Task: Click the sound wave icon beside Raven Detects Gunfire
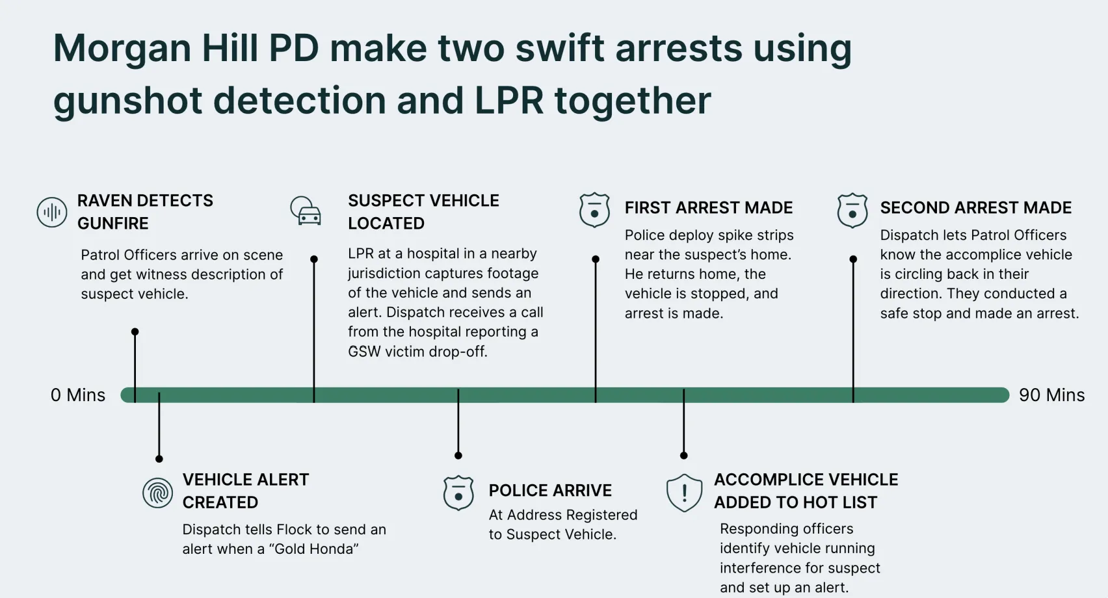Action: coord(52,212)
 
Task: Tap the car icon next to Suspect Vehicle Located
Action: coord(306,211)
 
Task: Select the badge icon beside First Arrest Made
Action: coord(594,210)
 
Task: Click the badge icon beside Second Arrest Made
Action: coord(852,210)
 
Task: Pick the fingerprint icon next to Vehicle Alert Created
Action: coord(157,493)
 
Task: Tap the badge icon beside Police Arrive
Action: coord(458,493)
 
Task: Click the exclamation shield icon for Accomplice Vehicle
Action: coord(684,493)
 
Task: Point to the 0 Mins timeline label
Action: coord(77,395)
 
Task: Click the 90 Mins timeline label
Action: coord(1051,395)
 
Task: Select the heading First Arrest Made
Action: coord(709,208)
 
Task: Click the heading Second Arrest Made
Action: coord(975,208)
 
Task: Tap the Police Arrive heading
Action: coord(550,491)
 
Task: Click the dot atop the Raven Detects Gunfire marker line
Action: coord(135,332)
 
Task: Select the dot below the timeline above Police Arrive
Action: coord(458,456)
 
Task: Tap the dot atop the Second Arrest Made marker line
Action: coord(853,259)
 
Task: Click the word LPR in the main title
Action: coord(508,101)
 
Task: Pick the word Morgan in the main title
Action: coord(122,49)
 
